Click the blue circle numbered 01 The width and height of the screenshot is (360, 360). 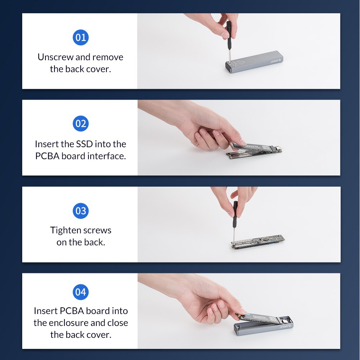pyautogui.click(x=81, y=37)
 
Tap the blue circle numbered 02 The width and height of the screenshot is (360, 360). pyautogui.click(x=81, y=124)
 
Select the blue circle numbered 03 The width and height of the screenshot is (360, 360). pyautogui.click(x=81, y=211)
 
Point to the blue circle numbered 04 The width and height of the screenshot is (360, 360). pyautogui.click(x=81, y=292)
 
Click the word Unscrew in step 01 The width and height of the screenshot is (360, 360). pyautogui.click(x=55, y=57)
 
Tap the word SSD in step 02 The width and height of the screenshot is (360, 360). pyautogui.click(x=84, y=144)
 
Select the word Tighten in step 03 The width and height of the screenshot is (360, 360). pyautogui.click(x=66, y=230)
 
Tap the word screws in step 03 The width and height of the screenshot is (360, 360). pyautogui.click(x=97, y=231)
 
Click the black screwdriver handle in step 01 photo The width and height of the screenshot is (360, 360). pyautogui.click(x=229, y=35)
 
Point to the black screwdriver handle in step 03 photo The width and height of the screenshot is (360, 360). pyautogui.click(x=235, y=214)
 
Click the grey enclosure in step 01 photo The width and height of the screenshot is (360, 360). pyautogui.click(x=254, y=62)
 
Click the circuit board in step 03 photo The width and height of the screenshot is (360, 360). pyautogui.click(x=258, y=242)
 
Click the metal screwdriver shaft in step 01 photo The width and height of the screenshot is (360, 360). pyautogui.click(x=229, y=56)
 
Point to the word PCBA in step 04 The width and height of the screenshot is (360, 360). pyautogui.click(x=72, y=311)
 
